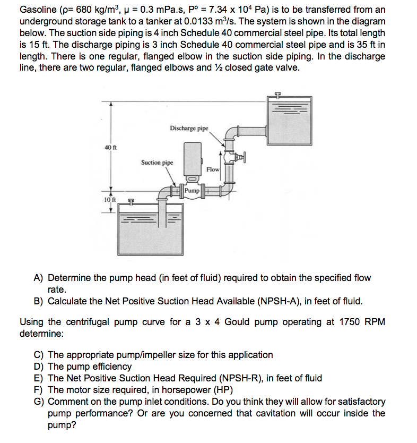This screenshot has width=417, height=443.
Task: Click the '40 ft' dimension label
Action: pyautogui.click(x=110, y=147)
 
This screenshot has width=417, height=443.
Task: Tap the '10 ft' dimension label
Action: pyautogui.click(x=109, y=199)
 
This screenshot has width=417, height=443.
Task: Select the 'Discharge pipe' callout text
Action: pyautogui.click(x=189, y=128)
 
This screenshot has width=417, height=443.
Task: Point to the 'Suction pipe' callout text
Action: pyautogui.click(x=157, y=162)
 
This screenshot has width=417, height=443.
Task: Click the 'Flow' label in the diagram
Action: pyautogui.click(x=213, y=169)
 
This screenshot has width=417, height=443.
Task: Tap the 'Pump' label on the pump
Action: pyautogui.click(x=192, y=190)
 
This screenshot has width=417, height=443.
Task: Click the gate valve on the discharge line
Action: pyautogui.click(x=237, y=157)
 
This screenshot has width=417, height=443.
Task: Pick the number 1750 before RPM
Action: pyautogui.click(x=337, y=322)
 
